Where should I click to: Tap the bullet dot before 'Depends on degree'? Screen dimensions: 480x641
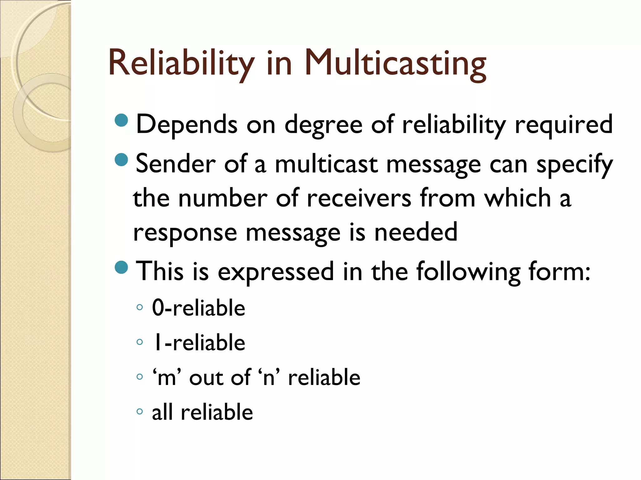pos(121,121)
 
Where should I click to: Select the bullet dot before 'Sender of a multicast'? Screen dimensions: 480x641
pos(121,160)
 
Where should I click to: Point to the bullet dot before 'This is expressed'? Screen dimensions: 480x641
pos(121,267)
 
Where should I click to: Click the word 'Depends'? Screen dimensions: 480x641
pos(187,124)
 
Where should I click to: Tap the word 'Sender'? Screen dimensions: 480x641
pos(176,164)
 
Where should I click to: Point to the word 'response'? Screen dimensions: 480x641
pos(185,233)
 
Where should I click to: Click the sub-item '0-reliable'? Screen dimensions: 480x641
pos(198,308)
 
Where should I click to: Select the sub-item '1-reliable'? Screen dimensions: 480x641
pos(198,342)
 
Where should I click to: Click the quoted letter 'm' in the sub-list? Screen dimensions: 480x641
pos(167,377)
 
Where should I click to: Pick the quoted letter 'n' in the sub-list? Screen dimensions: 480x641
pos(269,377)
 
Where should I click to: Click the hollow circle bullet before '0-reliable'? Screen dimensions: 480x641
pos(140,307)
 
